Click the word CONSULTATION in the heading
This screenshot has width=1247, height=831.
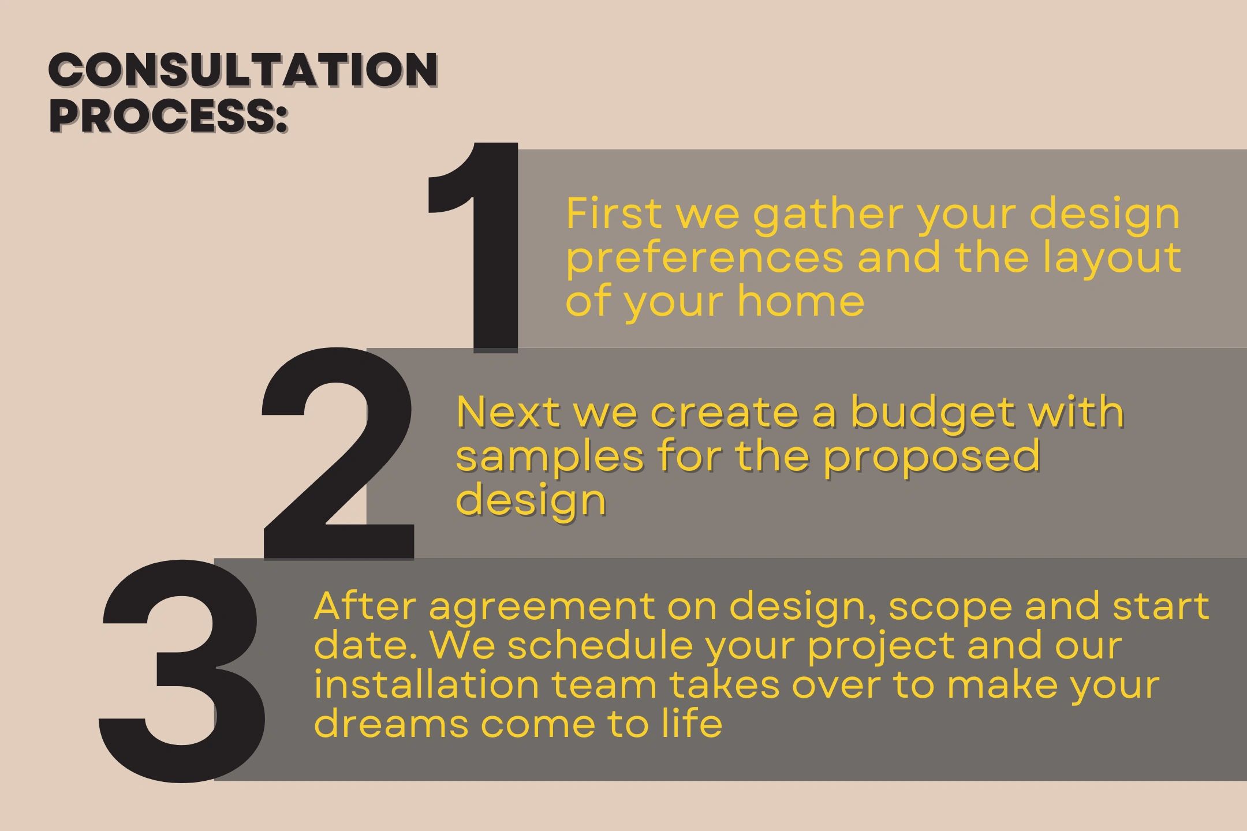(x=243, y=70)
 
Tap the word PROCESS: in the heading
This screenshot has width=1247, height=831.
(x=168, y=116)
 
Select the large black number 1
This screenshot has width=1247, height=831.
(x=473, y=247)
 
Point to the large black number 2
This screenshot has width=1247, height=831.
(x=338, y=454)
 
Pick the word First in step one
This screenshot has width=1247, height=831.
(x=613, y=214)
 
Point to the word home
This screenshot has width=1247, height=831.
(x=801, y=301)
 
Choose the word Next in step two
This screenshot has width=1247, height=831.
(x=508, y=412)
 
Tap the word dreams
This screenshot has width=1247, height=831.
(x=391, y=724)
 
